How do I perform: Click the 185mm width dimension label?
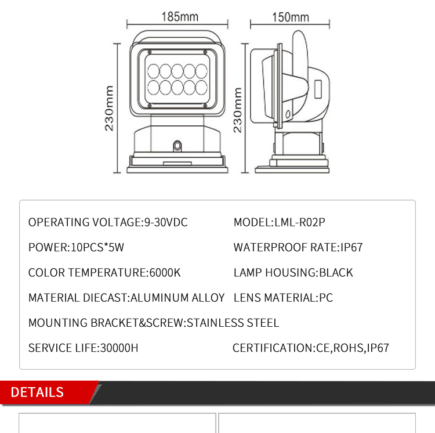tap(180, 17)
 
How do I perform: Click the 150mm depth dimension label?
tap(291, 17)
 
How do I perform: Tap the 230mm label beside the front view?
tap(109, 108)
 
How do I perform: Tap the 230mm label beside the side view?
tap(237, 110)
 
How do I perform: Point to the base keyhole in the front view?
tap(177, 146)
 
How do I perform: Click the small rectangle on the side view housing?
tap(318, 89)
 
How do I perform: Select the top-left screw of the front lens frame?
tap(150, 52)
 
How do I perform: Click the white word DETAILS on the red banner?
tap(37, 392)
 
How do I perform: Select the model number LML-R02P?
tap(300, 222)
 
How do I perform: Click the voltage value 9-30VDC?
tap(166, 222)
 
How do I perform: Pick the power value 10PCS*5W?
tap(97, 247)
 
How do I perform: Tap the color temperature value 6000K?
tap(165, 273)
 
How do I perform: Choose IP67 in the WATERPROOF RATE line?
tap(351, 247)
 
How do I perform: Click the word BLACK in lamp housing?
tap(336, 273)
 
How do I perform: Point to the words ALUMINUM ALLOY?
tap(177, 298)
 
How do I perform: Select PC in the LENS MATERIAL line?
tap(326, 298)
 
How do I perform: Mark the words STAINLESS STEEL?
tap(233, 323)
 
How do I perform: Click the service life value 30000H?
tap(119, 348)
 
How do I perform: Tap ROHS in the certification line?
tap(349, 348)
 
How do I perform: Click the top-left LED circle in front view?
tap(154, 71)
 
